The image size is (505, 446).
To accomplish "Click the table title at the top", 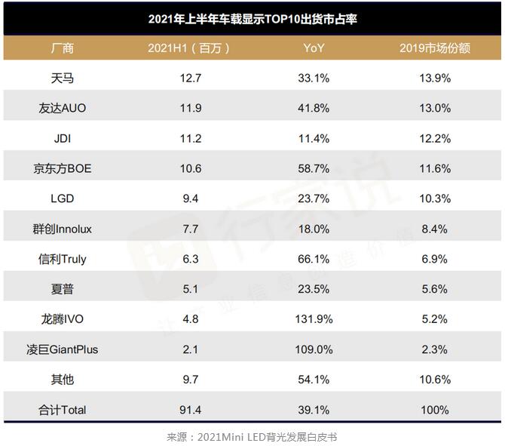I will tap(252, 19).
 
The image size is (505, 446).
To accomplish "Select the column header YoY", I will tap(314, 48).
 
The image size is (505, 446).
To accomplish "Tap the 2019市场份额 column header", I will tap(435, 48).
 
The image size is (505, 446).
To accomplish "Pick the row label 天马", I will tap(63, 78).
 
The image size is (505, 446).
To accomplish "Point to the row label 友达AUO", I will tap(63, 108).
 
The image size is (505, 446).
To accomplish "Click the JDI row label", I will tap(63, 138).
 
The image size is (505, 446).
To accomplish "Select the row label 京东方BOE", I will tap(64, 168).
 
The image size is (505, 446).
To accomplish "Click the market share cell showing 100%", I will tap(435, 410).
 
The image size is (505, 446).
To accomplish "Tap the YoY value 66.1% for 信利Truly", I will tap(314, 259).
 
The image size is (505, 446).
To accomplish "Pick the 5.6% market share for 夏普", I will tap(435, 289).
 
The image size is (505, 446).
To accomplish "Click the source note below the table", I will tap(252, 436).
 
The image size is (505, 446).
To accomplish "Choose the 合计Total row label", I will tap(63, 410).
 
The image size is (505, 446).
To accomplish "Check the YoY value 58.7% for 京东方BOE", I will tap(314, 168).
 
